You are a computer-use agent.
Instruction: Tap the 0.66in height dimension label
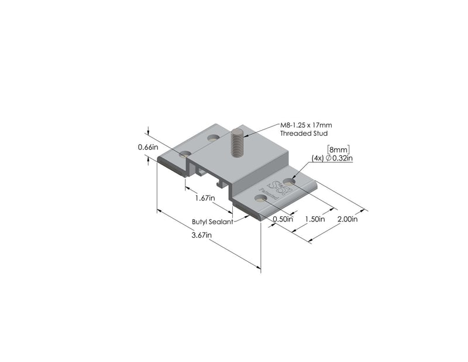pyautogui.click(x=147, y=148)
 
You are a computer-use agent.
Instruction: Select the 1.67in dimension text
pyautogui.click(x=205, y=198)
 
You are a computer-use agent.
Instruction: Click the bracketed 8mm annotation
pyautogui.click(x=338, y=149)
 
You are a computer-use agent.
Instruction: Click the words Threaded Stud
pyautogui.click(x=301, y=134)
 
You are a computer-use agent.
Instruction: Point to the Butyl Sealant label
pyautogui.click(x=212, y=222)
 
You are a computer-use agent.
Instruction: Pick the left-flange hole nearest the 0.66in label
pyautogui.click(x=185, y=154)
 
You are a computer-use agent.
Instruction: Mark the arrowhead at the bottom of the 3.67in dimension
pyautogui.click(x=259, y=268)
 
